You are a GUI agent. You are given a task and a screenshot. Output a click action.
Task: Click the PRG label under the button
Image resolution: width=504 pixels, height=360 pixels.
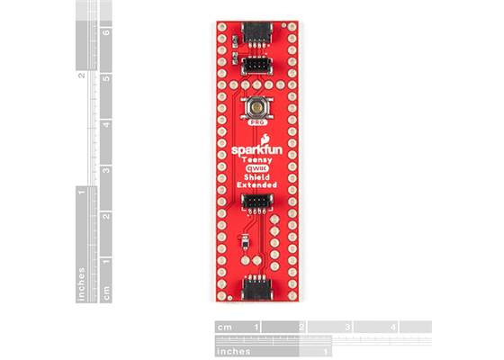(x=256, y=120)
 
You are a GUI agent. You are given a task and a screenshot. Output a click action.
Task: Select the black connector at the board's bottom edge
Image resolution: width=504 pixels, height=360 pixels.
(x=255, y=289)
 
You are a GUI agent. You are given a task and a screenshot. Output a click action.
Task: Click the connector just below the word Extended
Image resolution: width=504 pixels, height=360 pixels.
(x=255, y=201)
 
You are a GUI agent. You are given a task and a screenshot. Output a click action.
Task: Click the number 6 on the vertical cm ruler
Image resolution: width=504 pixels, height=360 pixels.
(x=107, y=32)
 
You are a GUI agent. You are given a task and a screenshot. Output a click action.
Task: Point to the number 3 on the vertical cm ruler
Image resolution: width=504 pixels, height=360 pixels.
(x=107, y=169)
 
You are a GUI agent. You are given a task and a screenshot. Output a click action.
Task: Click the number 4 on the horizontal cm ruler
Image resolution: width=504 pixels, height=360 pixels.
(x=393, y=327)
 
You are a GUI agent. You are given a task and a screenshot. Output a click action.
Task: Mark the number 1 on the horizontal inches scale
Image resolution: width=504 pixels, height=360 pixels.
(x=324, y=349)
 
